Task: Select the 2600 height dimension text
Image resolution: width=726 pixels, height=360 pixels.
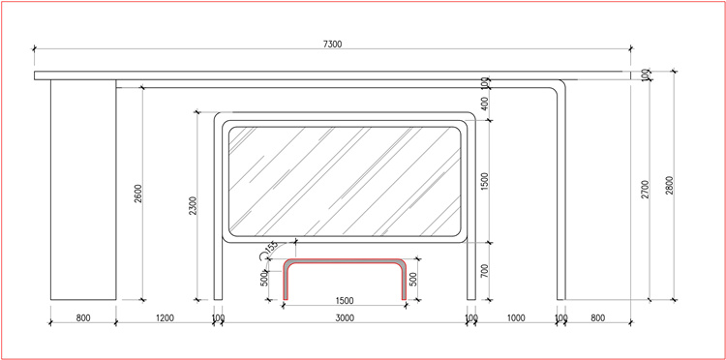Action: tap(138, 194)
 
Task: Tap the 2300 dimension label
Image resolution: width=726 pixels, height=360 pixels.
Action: tap(193, 206)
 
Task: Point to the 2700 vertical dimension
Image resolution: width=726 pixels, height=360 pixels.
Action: tap(646, 190)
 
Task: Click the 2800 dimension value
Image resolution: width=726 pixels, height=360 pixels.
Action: tap(670, 186)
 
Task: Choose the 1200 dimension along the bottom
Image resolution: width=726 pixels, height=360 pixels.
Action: tap(165, 317)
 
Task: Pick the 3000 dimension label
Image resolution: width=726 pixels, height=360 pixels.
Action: tap(345, 317)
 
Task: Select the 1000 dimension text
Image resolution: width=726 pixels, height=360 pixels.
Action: tap(516, 317)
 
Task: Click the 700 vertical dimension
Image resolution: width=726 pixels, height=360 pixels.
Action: tap(485, 271)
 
